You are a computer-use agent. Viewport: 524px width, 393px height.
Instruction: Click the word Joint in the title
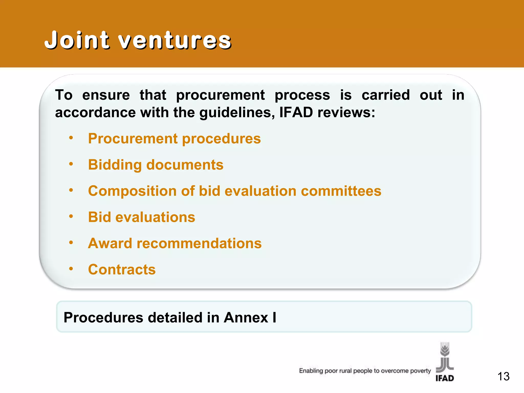click(x=77, y=40)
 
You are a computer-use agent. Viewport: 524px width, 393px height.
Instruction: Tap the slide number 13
click(x=503, y=376)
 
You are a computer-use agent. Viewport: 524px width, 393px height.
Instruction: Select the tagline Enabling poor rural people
click(x=365, y=371)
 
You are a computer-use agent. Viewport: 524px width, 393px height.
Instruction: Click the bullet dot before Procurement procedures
click(x=71, y=138)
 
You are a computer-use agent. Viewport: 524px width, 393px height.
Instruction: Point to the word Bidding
click(x=115, y=165)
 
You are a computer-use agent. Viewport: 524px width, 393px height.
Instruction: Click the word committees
click(x=341, y=191)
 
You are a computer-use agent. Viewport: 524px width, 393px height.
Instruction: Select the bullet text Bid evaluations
click(x=141, y=217)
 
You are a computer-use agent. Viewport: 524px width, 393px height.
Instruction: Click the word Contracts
click(x=122, y=269)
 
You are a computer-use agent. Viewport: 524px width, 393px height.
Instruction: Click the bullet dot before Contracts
click(x=71, y=269)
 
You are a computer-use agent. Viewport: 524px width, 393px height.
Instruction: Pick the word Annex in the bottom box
click(x=246, y=318)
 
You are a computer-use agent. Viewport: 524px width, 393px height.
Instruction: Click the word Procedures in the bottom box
click(x=103, y=318)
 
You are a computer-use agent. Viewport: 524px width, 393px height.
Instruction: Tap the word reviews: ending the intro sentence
click(x=346, y=112)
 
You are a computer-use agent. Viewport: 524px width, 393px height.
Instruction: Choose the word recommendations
click(x=199, y=243)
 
